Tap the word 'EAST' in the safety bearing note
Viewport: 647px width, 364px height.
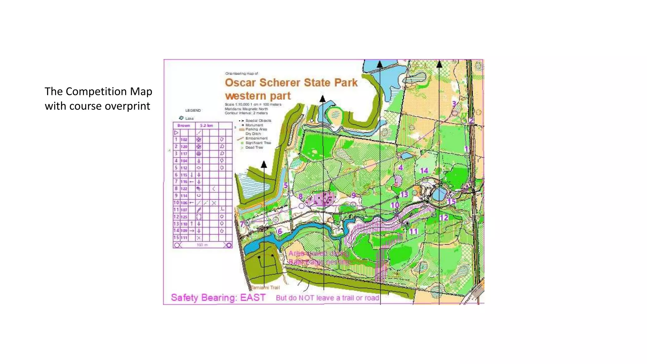(x=252, y=298)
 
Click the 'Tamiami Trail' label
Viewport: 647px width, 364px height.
(x=265, y=288)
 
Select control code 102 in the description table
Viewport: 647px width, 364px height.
(x=184, y=140)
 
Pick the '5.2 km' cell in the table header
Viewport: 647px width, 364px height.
(x=207, y=125)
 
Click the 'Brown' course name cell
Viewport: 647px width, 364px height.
(x=184, y=125)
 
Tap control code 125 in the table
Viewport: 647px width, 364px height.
(x=184, y=217)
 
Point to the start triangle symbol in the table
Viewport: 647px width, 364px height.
(x=176, y=133)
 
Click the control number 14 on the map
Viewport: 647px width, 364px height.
(x=424, y=171)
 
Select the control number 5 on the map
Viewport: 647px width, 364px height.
(x=286, y=185)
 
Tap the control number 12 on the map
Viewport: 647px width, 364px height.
(x=444, y=217)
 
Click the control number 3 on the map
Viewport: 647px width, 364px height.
(x=454, y=104)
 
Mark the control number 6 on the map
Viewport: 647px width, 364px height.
(x=280, y=231)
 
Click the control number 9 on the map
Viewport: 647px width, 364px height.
(x=354, y=195)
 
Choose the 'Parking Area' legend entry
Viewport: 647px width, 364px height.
(x=256, y=129)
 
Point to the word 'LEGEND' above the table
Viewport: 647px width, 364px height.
(x=193, y=110)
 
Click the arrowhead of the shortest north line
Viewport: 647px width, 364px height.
(x=264, y=164)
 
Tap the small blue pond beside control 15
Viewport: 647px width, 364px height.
(x=439, y=193)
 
